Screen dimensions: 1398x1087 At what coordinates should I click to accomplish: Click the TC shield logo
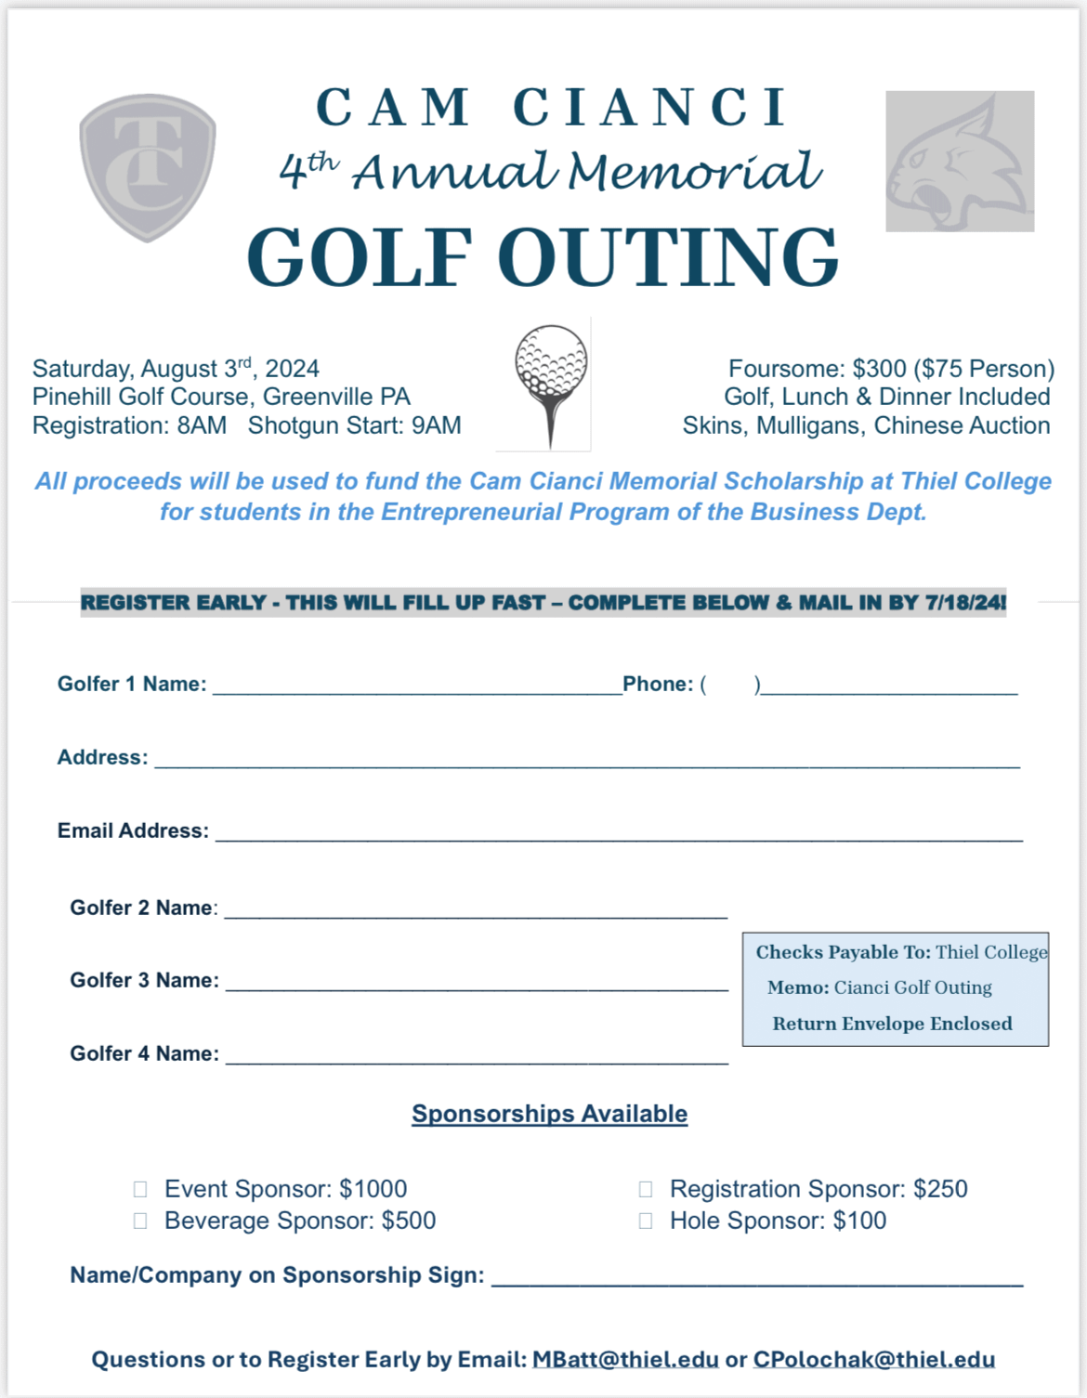[x=148, y=167]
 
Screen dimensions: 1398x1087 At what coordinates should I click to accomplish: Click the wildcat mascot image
[x=960, y=161]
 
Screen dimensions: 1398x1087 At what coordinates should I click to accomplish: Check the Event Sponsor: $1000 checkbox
[x=140, y=1189]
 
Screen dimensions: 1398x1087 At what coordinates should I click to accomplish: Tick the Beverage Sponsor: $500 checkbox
[x=140, y=1221]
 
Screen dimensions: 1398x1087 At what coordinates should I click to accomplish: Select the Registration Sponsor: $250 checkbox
[x=646, y=1189]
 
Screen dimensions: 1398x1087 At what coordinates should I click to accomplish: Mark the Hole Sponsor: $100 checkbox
[x=646, y=1221]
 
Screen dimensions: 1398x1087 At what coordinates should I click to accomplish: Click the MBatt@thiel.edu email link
[x=625, y=1360]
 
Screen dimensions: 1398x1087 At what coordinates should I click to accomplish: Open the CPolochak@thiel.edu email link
[x=874, y=1360]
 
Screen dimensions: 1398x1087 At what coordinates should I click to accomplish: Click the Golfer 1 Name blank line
[x=417, y=687]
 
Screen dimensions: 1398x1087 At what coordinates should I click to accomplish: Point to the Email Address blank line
[x=619, y=834]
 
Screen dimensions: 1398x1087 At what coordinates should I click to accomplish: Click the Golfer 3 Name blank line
[x=477, y=984]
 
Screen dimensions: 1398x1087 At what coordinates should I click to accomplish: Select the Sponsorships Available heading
[x=550, y=1114]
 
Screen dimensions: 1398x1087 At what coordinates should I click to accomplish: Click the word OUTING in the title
[x=668, y=257]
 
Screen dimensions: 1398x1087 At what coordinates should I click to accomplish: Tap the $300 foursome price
[x=879, y=369]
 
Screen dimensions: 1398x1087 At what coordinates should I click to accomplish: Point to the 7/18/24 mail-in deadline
[x=964, y=603]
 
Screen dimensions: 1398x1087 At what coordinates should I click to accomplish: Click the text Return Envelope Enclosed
[x=892, y=1024]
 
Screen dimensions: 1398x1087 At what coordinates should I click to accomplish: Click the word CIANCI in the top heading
[x=650, y=108]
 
